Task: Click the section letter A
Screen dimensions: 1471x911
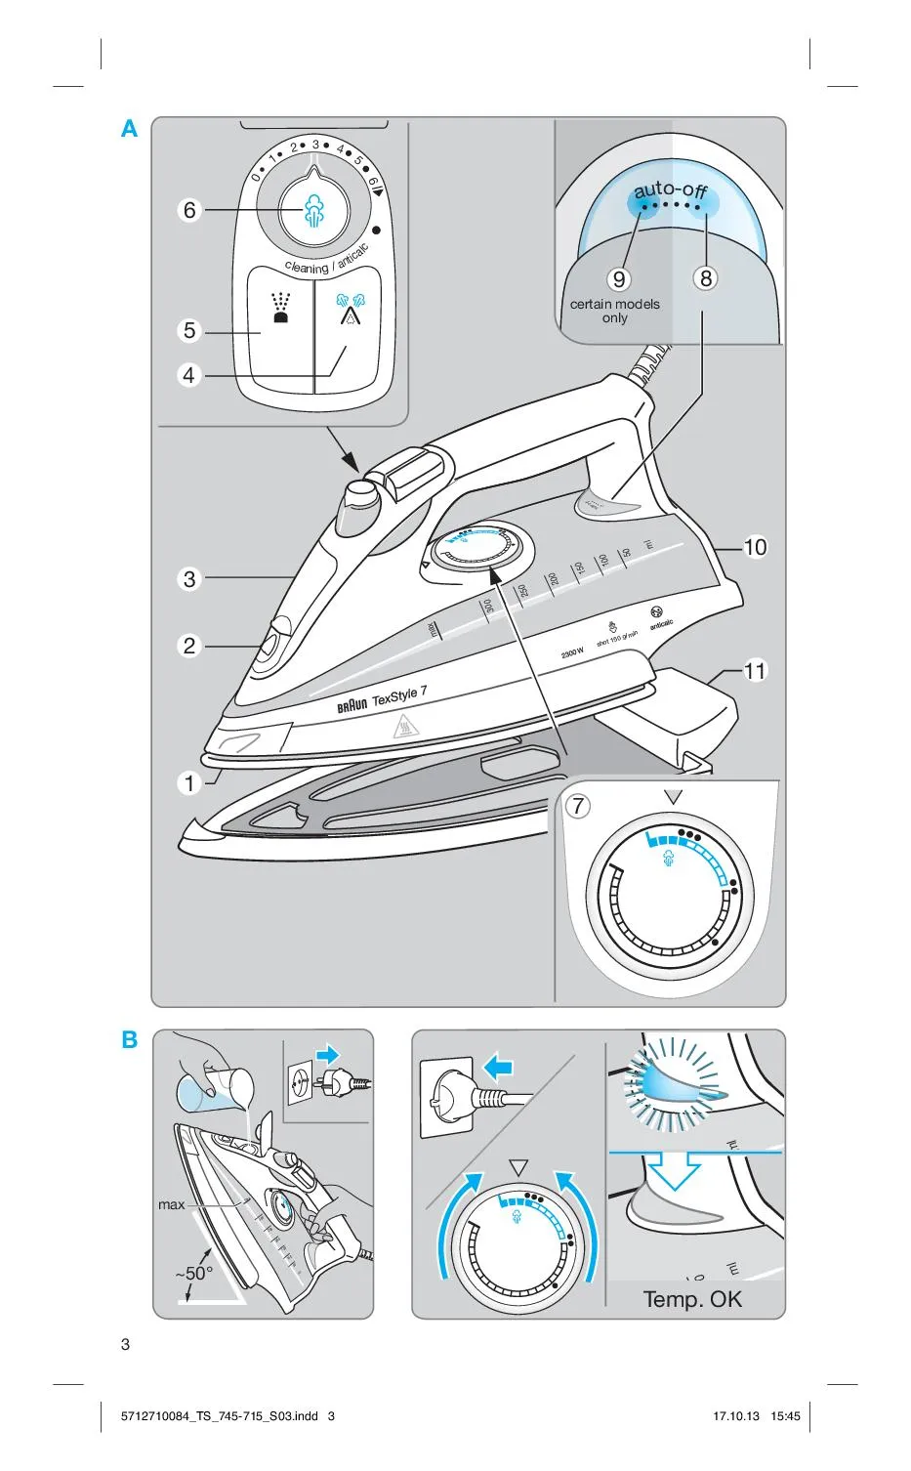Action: tap(129, 129)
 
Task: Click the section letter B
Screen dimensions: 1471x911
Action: tap(130, 1039)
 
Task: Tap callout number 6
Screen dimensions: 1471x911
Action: tap(189, 210)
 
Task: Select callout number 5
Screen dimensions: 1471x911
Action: tap(189, 330)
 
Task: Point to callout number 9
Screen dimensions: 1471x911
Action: tap(619, 279)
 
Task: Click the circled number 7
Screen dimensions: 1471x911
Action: tap(579, 806)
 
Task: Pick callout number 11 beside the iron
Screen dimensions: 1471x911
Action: tap(755, 671)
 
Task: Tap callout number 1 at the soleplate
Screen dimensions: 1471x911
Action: tap(189, 782)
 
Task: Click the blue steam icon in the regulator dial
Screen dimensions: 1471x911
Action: tap(314, 211)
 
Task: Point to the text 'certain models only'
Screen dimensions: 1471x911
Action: tap(615, 311)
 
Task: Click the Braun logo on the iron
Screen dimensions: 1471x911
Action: tap(352, 705)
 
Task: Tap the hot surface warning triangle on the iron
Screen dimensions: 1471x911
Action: tap(403, 728)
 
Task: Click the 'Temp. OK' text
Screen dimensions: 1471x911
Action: tap(692, 1299)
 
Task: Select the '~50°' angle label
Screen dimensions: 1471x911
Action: tap(193, 1274)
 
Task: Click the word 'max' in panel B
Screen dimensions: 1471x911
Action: tap(171, 1205)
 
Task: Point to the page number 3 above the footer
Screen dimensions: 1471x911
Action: tap(125, 1344)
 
